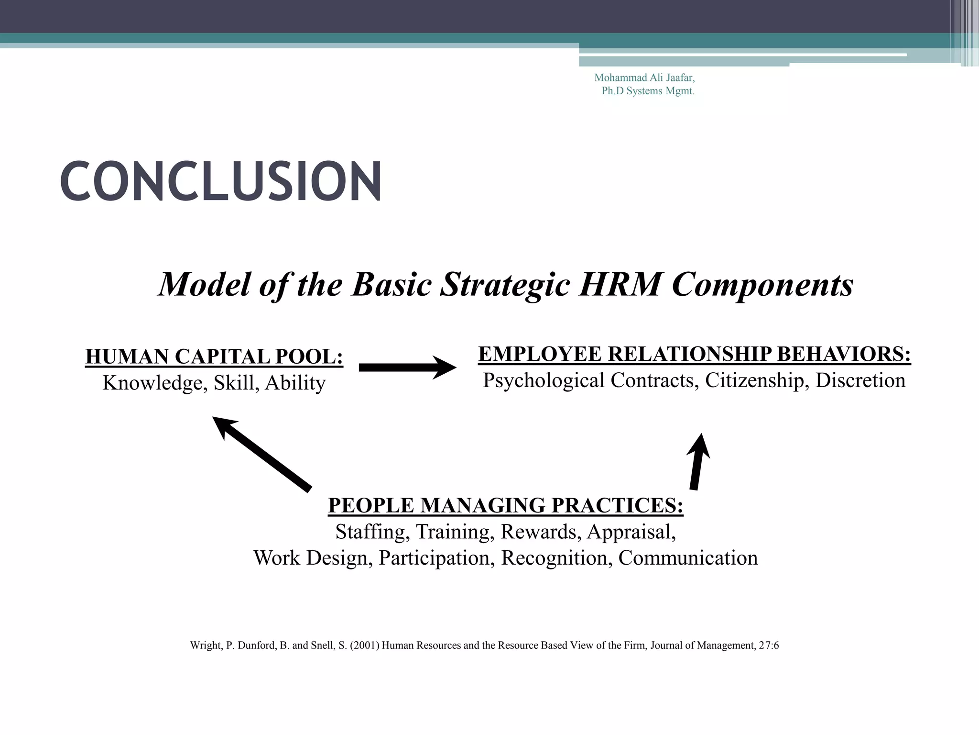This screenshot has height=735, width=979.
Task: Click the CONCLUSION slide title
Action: [x=220, y=181]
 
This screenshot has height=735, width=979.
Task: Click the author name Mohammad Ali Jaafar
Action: [x=644, y=78]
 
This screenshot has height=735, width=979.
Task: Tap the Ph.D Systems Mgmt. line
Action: [x=648, y=91]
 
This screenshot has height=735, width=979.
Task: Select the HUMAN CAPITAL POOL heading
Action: [x=214, y=357]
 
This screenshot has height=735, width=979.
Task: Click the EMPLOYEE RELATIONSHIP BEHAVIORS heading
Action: [x=694, y=355]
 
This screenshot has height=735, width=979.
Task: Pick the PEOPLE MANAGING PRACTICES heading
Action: [x=505, y=506]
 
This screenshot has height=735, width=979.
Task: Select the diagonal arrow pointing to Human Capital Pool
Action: [x=261, y=454]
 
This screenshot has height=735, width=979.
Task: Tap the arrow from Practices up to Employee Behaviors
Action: [x=698, y=462]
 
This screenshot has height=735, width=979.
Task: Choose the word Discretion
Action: [x=860, y=380]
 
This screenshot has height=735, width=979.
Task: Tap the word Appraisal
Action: [x=631, y=532]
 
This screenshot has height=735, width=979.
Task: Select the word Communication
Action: [x=688, y=558]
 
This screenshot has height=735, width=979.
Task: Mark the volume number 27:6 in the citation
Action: [x=769, y=646]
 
